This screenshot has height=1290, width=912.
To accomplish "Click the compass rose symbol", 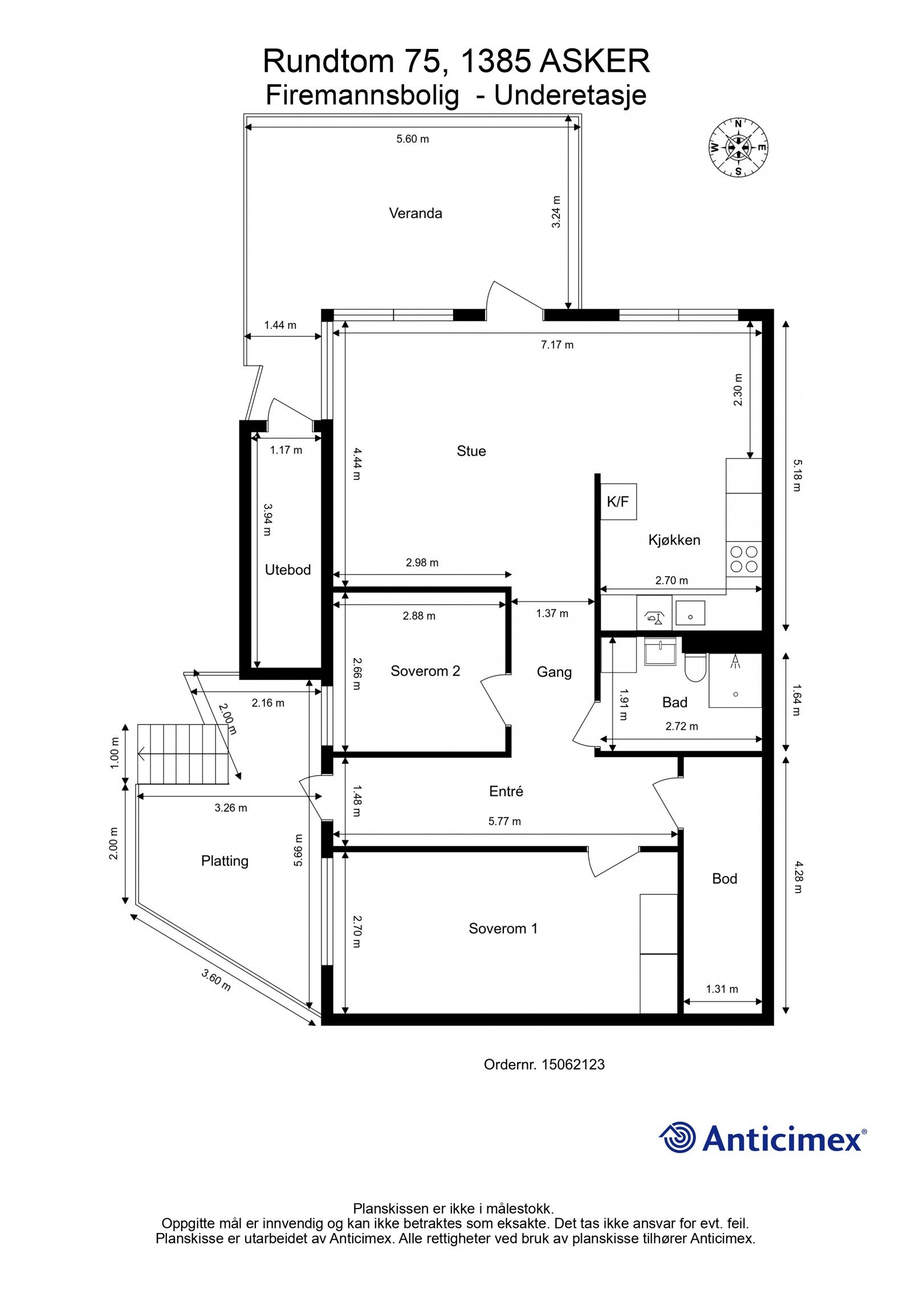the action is pos(738,147).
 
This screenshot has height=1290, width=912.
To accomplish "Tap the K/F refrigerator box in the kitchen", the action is pos(618,502).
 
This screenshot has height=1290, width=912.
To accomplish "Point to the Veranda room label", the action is pos(416,213).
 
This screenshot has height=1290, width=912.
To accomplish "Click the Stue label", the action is pos(471,451).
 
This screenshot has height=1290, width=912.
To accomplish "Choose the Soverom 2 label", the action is pos(425,671).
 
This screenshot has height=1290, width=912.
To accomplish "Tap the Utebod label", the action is pos(288,569).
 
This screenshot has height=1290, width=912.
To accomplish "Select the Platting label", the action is pos(225,861).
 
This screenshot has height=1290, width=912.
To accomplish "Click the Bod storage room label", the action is pos(724,878).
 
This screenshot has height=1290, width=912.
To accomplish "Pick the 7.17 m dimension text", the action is pos(557,344).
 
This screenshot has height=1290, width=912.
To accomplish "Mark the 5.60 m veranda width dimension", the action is pos(413,139).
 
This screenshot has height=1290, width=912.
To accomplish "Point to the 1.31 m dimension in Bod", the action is pos(722,989).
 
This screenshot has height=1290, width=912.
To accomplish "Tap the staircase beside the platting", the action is pos(182,754).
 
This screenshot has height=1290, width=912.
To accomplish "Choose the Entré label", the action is pos(506,791).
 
